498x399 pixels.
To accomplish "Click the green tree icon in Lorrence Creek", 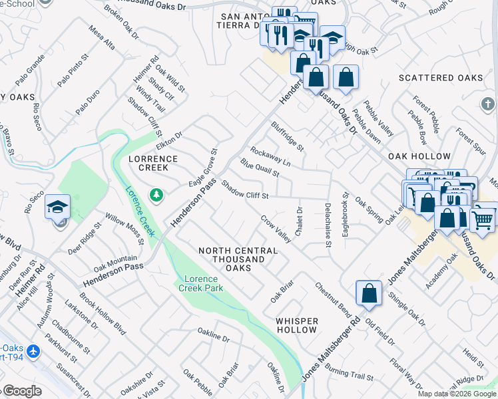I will (x=156, y=194).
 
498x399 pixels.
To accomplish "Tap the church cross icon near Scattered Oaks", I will (x=487, y=104).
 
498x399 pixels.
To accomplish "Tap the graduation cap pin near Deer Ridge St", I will (x=58, y=207).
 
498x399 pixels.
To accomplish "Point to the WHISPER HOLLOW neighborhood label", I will (x=297, y=325).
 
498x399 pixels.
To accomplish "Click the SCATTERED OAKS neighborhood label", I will (x=441, y=78).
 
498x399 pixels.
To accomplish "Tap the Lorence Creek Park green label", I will (x=200, y=283).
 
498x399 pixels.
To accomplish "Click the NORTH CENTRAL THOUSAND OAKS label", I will (x=238, y=259).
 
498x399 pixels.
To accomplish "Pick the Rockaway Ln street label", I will (x=270, y=158).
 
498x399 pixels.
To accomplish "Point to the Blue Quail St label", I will (x=260, y=168).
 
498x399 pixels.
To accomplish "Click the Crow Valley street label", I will (x=276, y=228).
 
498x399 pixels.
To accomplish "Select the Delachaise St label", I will (x=328, y=225).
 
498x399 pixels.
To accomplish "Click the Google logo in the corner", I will (x=21, y=390).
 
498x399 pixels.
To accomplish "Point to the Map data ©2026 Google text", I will (x=457, y=394).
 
